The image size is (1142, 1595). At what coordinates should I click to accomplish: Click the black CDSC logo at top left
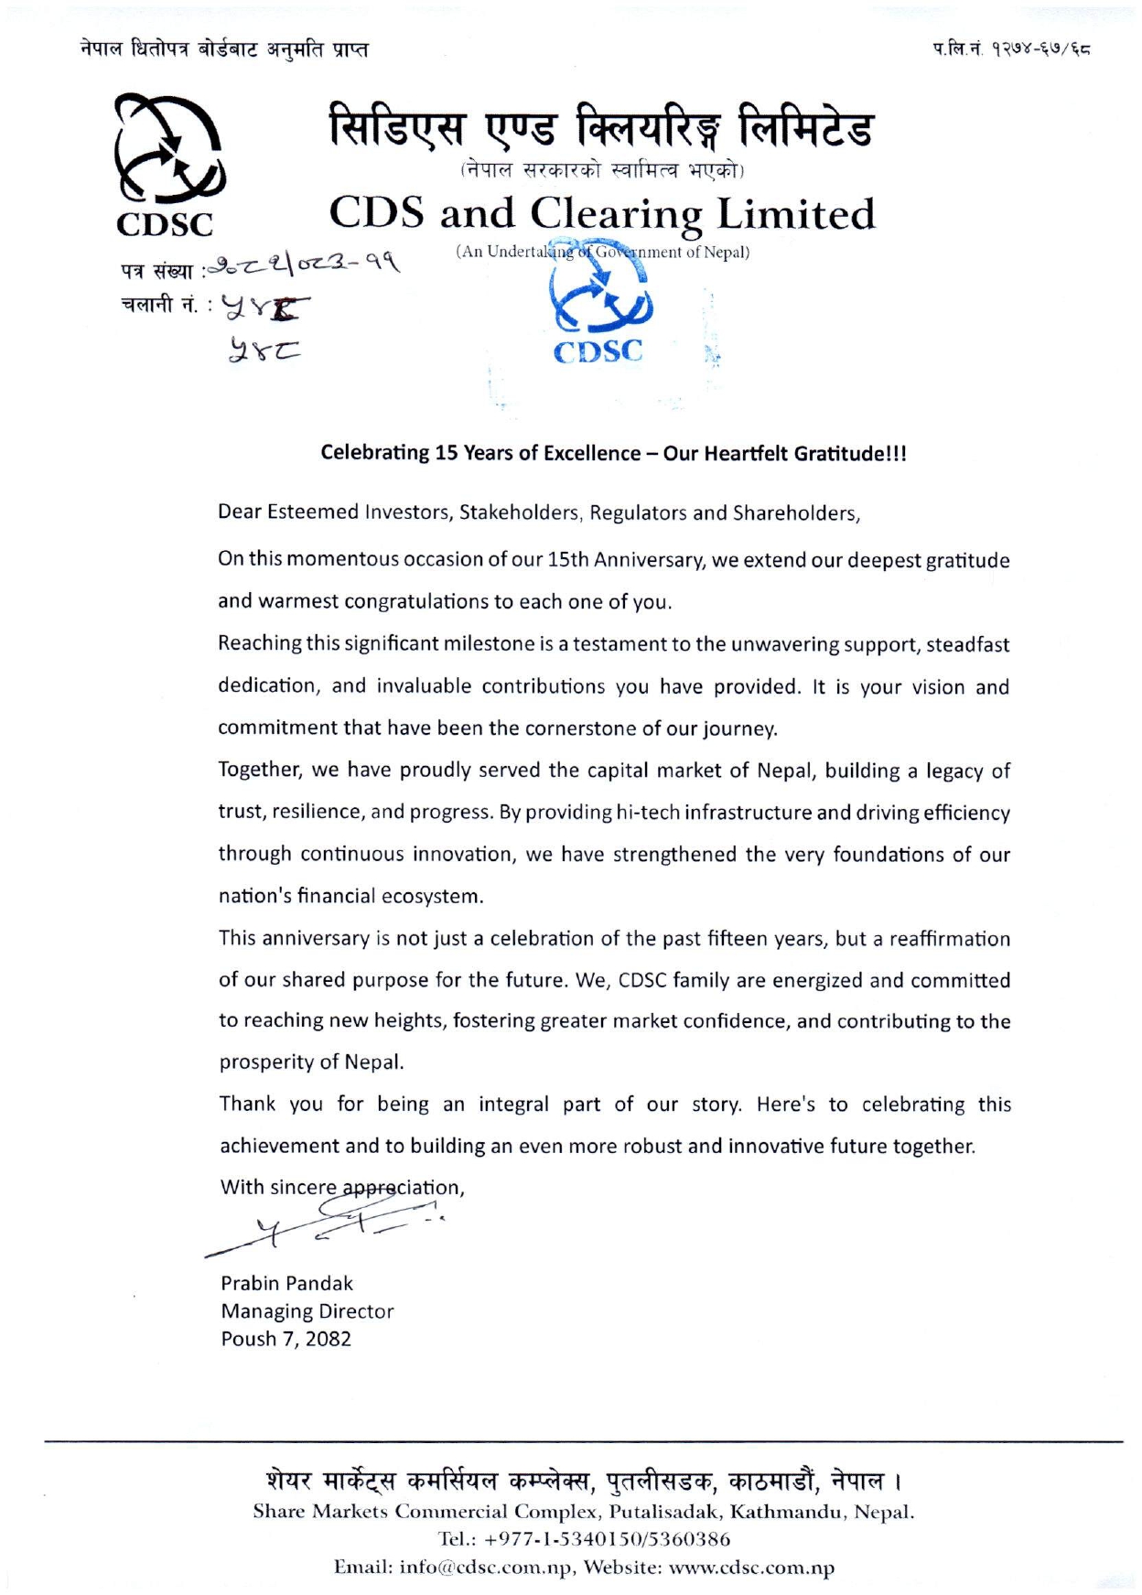pyautogui.click(x=167, y=165)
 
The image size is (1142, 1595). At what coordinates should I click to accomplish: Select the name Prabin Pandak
pyautogui.click(x=286, y=1283)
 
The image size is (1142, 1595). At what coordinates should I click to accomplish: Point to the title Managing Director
pyautogui.click(x=307, y=1311)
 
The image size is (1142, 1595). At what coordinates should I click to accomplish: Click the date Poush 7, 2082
pyautogui.click(x=285, y=1339)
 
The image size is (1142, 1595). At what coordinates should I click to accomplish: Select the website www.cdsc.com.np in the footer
pyautogui.click(x=751, y=1568)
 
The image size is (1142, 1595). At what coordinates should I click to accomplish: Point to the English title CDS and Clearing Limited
pyautogui.click(x=601, y=213)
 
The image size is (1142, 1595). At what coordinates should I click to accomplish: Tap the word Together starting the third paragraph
pyautogui.click(x=260, y=771)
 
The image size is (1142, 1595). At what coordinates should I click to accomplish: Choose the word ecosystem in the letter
pyautogui.click(x=431, y=896)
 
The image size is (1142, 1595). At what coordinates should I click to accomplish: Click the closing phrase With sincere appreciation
pyautogui.click(x=341, y=1188)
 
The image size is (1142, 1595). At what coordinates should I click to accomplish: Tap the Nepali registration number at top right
pyautogui.click(x=1011, y=48)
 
